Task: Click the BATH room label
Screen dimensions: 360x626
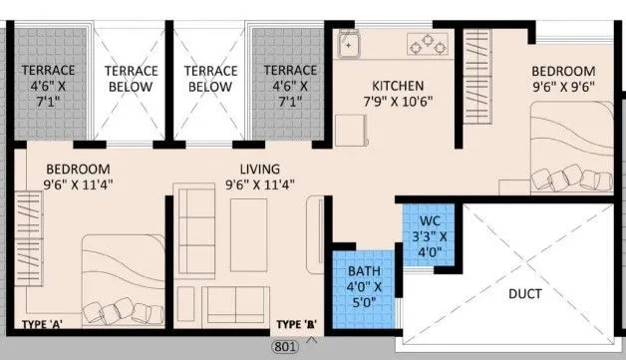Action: [364, 270]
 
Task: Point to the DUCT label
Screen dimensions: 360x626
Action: [525, 293]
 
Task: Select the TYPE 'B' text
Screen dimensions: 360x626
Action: [296, 325]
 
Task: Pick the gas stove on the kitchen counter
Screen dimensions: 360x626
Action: [428, 44]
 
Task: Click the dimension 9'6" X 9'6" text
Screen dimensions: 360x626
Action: [563, 87]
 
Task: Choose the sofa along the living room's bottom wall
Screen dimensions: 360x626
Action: [235, 302]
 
